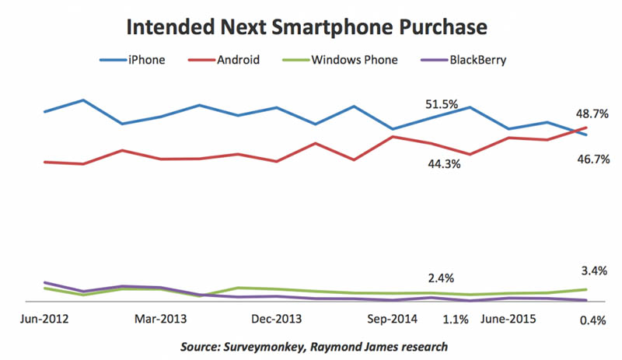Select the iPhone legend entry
point(145,58)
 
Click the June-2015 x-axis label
point(509,318)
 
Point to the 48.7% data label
point(592,114)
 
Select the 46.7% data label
point(592,159)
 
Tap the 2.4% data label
point(441,278)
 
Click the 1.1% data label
point(456,319)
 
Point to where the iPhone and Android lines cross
point(579,131)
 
